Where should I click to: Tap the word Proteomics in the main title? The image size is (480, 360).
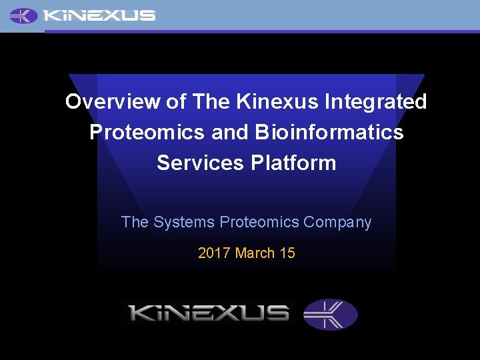(x=147, y=132)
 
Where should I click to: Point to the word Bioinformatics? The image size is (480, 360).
(x=329, y=132)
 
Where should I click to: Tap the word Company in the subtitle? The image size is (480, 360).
(x=337, y=223)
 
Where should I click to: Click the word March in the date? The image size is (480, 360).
(x=255, y=253)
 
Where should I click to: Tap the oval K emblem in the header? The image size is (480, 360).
(x=24, y=15)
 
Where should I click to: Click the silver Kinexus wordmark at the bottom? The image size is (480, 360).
(x=209, y=313)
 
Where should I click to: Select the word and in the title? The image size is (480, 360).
(x=230, y=132)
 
